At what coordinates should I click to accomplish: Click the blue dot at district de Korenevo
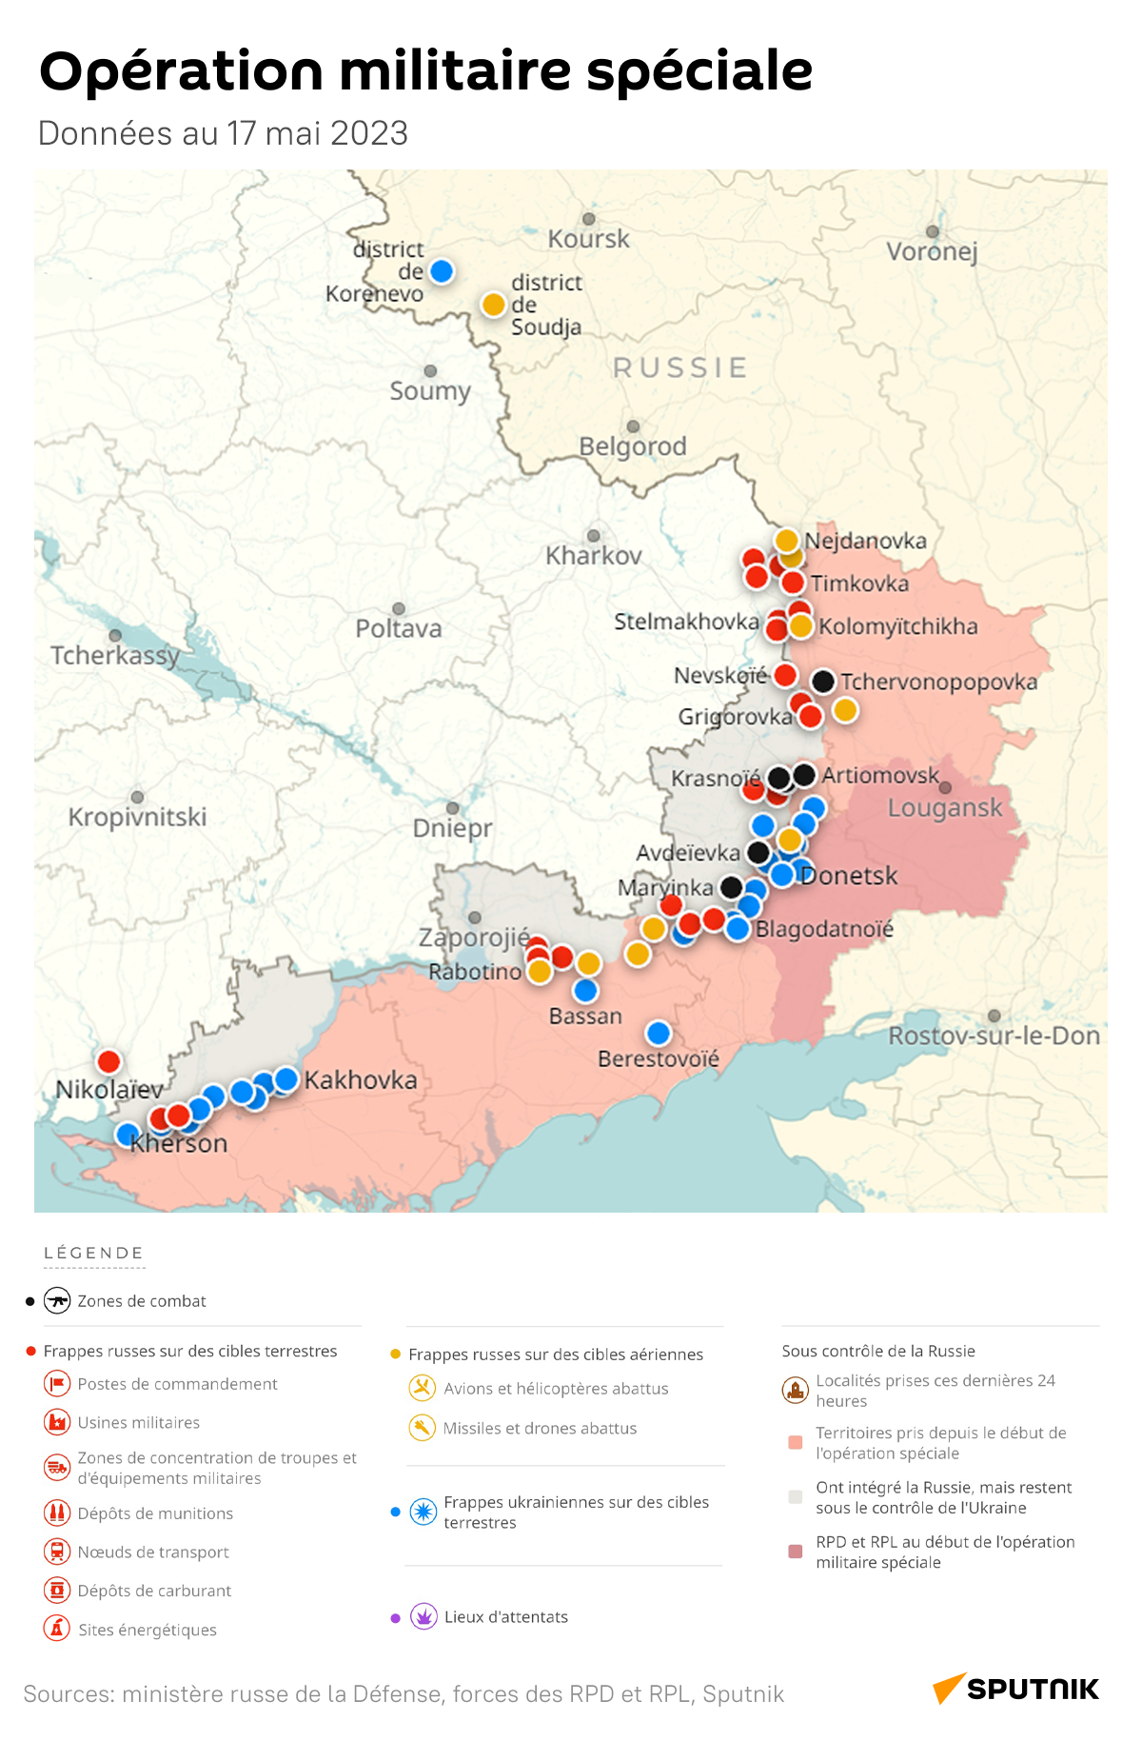(441, 271)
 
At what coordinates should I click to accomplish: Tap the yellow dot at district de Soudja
(493, 305)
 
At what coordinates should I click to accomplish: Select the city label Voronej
(932, 251)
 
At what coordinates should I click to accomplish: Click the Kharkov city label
(593, 555)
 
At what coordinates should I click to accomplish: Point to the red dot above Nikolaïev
(109, 1061)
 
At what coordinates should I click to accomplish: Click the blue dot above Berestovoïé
(658, 1033)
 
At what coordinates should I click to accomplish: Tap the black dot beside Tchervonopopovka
(823, 681)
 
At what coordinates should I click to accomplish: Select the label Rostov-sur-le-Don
(994, 1036)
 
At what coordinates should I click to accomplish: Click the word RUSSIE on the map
(679, 367)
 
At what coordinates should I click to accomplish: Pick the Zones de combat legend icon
(57, 1300)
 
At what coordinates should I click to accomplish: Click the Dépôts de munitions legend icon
(57, 1513)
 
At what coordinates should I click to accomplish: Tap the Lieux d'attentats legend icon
(423, 1616)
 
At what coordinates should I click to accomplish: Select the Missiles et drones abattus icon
(422, 1428)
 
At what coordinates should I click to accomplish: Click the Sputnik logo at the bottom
(1015, 1689)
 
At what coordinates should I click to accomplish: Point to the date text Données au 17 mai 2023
(223, 133)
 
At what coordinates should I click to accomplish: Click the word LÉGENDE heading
(93, 1253)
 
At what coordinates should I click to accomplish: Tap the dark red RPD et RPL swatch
(796, 1552)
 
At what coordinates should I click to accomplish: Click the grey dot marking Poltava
(399, 608)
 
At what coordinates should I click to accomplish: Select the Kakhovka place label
(361, 1079)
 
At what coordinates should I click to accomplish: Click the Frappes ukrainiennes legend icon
(423, 1512)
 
